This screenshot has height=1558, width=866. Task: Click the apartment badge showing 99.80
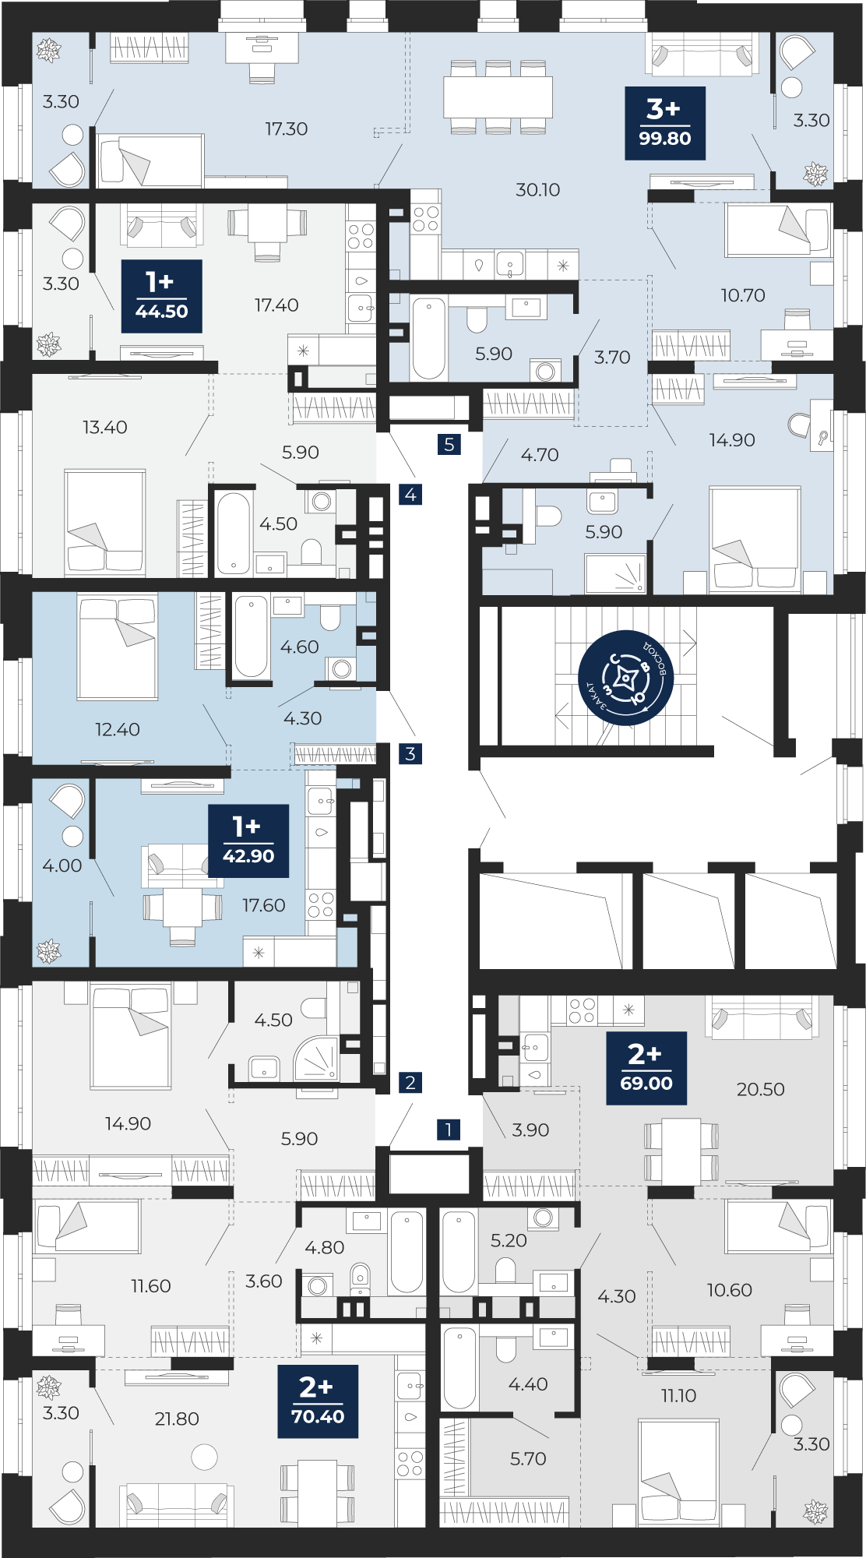(x=665, y=123)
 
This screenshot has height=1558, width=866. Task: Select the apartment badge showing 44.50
(x=162, y=296)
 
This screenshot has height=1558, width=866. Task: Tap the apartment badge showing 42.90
(x=248, y=841)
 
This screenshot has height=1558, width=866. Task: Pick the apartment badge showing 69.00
(x=646, y=1068)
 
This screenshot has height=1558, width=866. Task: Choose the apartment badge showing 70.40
(x=318, y=1401)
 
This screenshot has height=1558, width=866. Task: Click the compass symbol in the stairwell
(x=625, y=678)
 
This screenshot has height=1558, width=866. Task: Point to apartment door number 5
(x=449, y=445)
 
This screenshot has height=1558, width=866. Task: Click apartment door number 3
(x=410, y=753)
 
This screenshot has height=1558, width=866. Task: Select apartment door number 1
(x=449, y=1129)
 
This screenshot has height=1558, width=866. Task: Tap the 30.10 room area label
(x=538, y=189)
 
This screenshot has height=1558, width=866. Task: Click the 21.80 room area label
(x=177, y=1419)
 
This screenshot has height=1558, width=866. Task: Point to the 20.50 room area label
(x=761, y=1089)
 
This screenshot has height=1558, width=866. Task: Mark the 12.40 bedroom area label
(x=118, y=729)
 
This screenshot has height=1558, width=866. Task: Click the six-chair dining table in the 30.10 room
(x=498, y=97)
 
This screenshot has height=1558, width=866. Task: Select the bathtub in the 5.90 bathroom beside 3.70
(x=429, y=338)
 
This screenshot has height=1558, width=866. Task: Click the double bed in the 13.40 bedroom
(x=105, y=522)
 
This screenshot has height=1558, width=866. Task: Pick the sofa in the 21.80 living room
(x=178, y=1504)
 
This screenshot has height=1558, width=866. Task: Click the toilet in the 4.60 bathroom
(x=330, y=617)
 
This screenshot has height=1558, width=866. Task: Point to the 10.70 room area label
(x=743, y=295)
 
